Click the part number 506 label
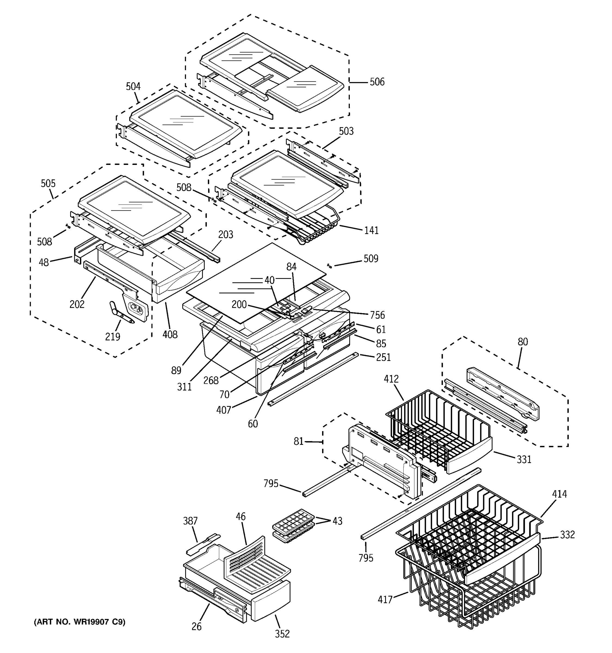point(377,82)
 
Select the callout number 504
point(133,87)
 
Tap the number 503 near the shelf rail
point(346,131)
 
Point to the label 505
point(48,183)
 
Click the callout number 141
point(371,230)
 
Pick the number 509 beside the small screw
point(371,259)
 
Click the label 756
point(377,315)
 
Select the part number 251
point(383,357)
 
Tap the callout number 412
point(391,379)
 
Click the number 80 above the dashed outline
point(523,342)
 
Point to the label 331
point(524,460)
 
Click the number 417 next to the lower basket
point(385,600)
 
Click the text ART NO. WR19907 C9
point(79,622)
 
